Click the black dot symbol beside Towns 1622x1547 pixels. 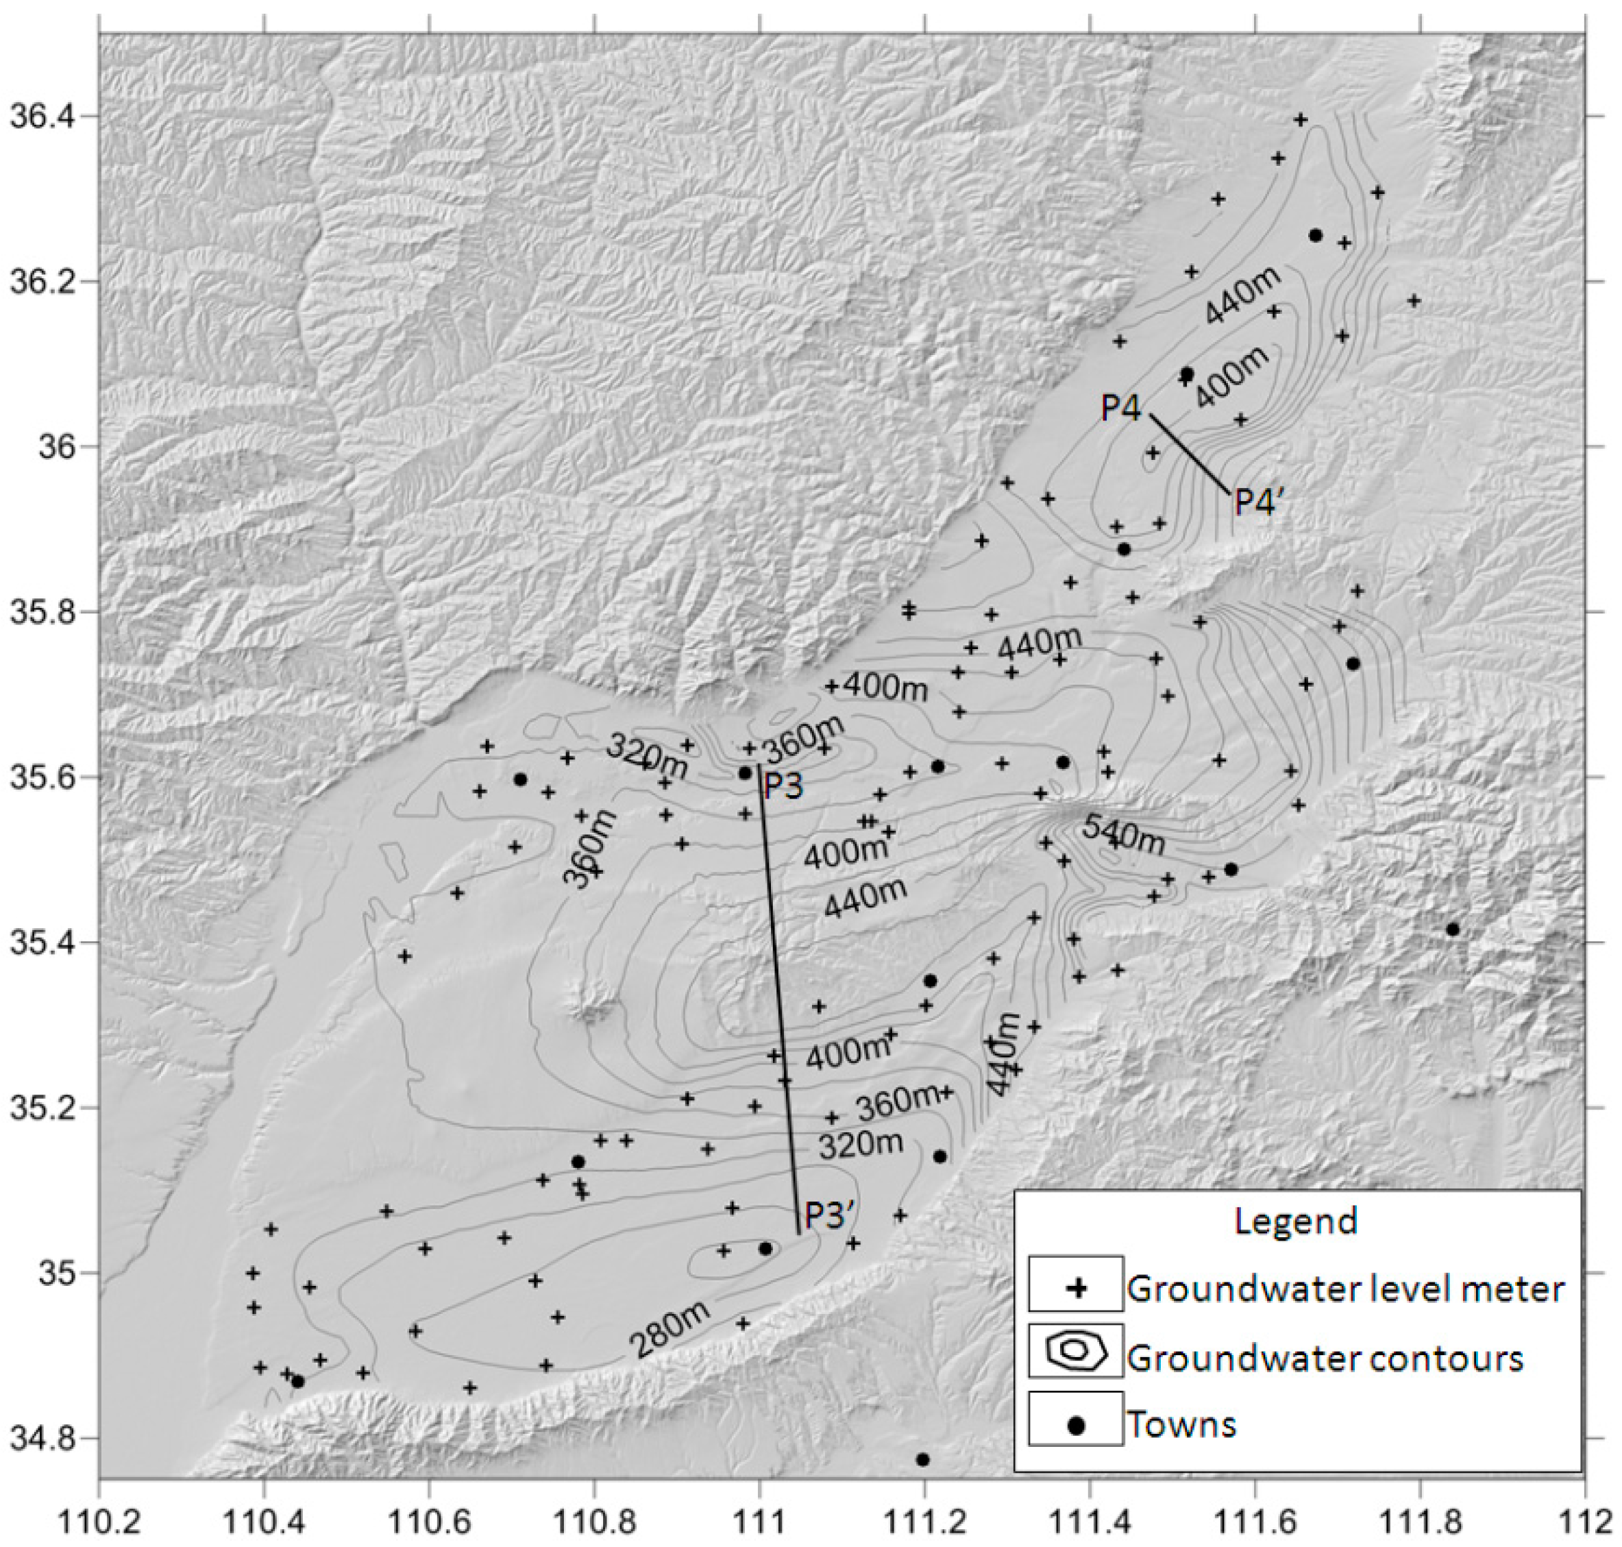(1076, 1424)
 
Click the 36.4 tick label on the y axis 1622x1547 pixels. (40, 117)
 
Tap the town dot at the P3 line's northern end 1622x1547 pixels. (746, 772)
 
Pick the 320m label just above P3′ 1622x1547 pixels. (860, 1145)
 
